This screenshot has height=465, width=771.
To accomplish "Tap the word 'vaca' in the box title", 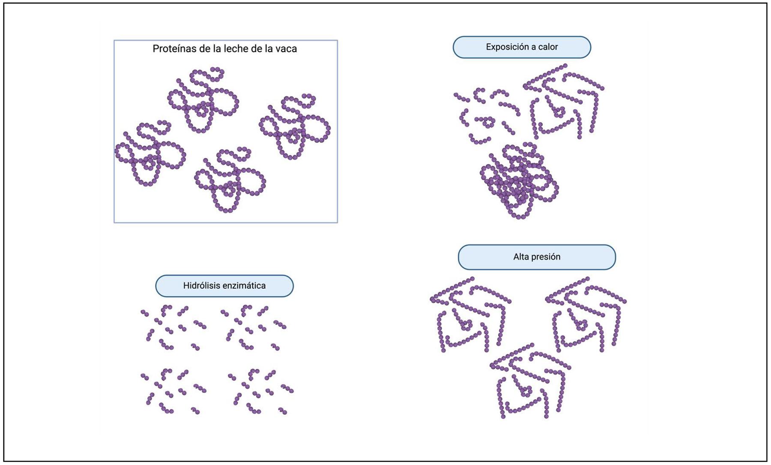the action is (287, 49).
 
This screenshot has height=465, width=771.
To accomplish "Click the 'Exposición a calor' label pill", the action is (522, 47).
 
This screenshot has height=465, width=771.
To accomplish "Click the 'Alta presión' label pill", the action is (537, 257).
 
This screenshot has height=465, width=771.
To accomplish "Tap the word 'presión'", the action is (545, 257).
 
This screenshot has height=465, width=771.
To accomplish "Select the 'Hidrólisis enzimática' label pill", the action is (224, 286).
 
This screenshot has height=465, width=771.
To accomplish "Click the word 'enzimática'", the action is (244, 286).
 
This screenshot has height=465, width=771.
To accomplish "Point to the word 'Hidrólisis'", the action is (201, 286).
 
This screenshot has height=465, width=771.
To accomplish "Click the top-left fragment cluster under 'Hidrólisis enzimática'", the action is (173, 327).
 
